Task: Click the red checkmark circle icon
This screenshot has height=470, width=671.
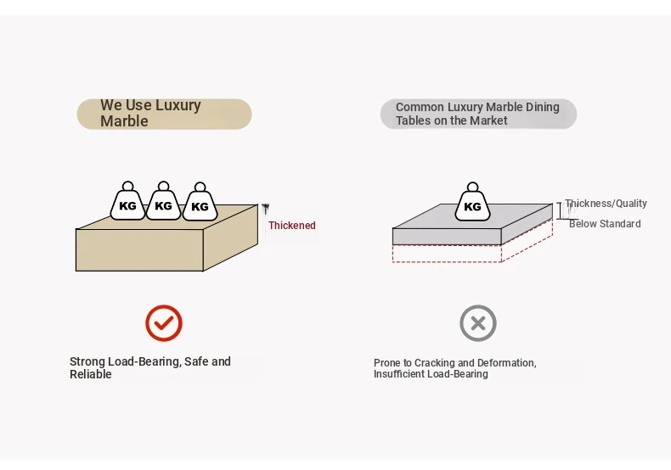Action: [x=164, y=323]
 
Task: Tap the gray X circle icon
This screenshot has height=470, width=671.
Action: [x=478, y=323]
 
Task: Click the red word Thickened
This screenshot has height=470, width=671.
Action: [x=292, y=226]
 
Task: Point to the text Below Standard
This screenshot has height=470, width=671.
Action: [x=605, y=224]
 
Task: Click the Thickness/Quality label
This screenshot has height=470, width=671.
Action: [x=606, y=204]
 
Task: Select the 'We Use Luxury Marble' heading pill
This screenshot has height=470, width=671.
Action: [x=164, y=114]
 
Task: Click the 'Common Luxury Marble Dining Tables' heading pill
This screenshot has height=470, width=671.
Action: [x=478, y=114]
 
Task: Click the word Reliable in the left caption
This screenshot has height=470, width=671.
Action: [x=91, y=374]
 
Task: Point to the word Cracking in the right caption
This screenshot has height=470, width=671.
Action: [x=435, y=363]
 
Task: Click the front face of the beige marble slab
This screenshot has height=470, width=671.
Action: [x=139, y=249]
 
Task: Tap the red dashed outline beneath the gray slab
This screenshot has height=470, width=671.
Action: [x=447, y=255]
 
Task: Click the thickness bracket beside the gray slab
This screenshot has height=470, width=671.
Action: [x=560, y=210]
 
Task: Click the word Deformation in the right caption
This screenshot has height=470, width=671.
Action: [x=506, y=363]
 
